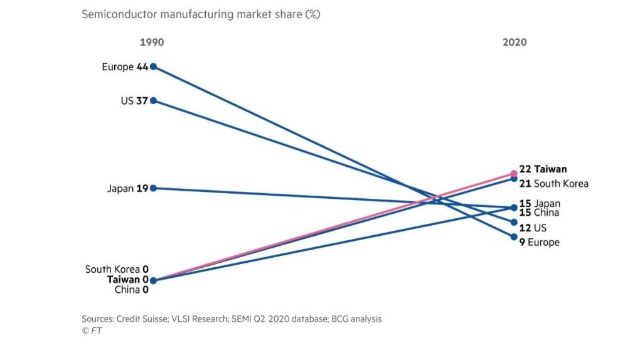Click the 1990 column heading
(x=151, y=42)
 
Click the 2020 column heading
(x=515, y=42)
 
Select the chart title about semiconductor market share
(x=201, y=14)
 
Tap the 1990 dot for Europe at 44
(x=153, y=66)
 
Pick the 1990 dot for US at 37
(x=153, y=100)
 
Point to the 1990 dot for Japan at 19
(x=153, y=188)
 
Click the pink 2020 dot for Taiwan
(x=514, y=174)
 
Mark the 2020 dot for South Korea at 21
(x=514, y=179)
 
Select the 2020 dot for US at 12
(x=514, y=222)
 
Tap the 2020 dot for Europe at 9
(x=514, y=236)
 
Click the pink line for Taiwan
(x=333, y=227)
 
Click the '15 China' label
(x=539, y=213)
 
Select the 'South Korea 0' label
(x=117, y=270)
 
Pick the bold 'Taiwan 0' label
(x=128, y=280)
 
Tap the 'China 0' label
(x=131, y=290)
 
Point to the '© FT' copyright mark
(x=92, y=331)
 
